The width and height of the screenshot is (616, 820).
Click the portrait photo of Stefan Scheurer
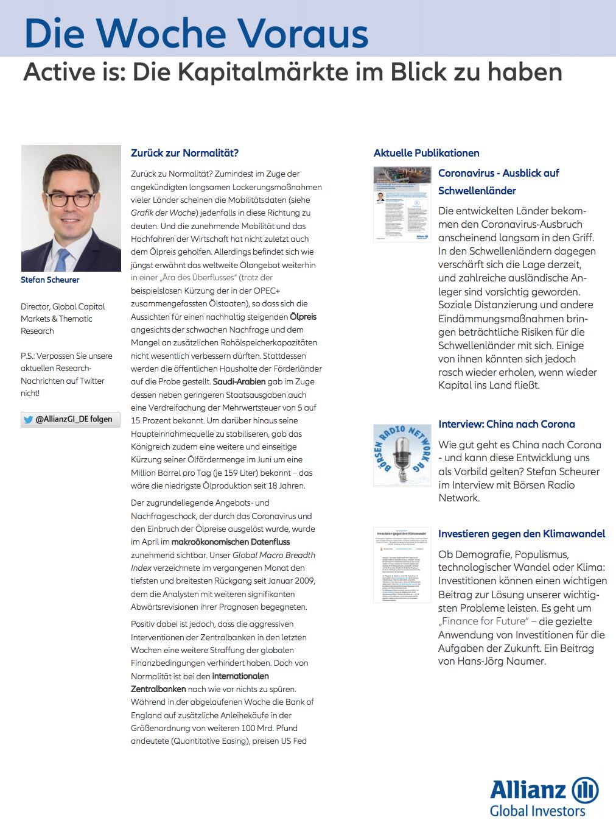[x=71, y=208]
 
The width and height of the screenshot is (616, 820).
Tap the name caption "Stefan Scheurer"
[x=50, y=280]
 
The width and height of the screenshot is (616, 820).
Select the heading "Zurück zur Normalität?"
[x=184, y=153]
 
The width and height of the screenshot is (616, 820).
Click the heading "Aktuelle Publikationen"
[x=426, y=153]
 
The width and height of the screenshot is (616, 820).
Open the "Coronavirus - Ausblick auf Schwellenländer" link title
[x=498, y=182]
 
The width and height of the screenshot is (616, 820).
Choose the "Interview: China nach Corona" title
[x=506, y=424]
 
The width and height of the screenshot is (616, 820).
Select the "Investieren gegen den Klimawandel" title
[x=522, y=534]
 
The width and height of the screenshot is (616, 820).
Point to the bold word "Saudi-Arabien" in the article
[x=239, y=381]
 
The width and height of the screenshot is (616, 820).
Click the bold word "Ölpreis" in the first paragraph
[x=303, y=317]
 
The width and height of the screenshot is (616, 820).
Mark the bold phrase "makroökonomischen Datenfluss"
[x=231, y=542]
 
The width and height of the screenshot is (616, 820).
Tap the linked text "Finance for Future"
[x=484, y=621]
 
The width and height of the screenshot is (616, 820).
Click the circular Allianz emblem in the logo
[x=585, y=790]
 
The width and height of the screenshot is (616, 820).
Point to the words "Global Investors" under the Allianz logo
[x=537, y=811]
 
